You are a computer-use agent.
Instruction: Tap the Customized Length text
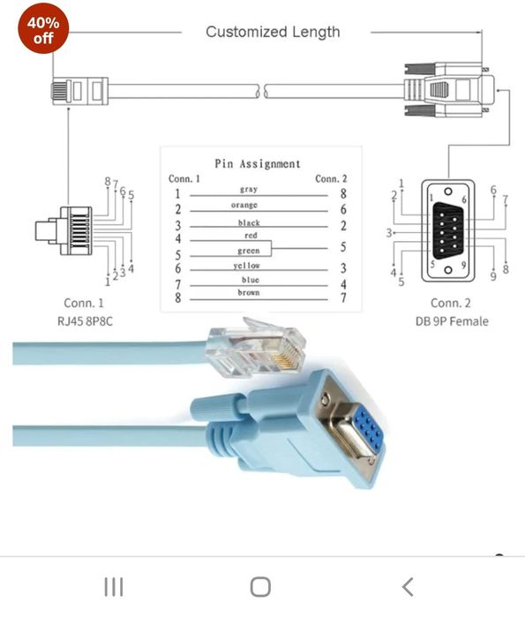point(272,32)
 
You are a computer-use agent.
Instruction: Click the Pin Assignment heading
point(258,163)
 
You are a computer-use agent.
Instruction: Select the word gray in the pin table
point(248,189)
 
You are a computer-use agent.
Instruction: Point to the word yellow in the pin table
point(248,266)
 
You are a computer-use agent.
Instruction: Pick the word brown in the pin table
point(248,293)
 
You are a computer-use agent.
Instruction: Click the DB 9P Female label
point(451,320)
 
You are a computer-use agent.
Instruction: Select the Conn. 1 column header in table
point(184,178)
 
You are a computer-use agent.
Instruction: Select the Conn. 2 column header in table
point(331,178)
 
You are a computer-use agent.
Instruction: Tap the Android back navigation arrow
point(407,587)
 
